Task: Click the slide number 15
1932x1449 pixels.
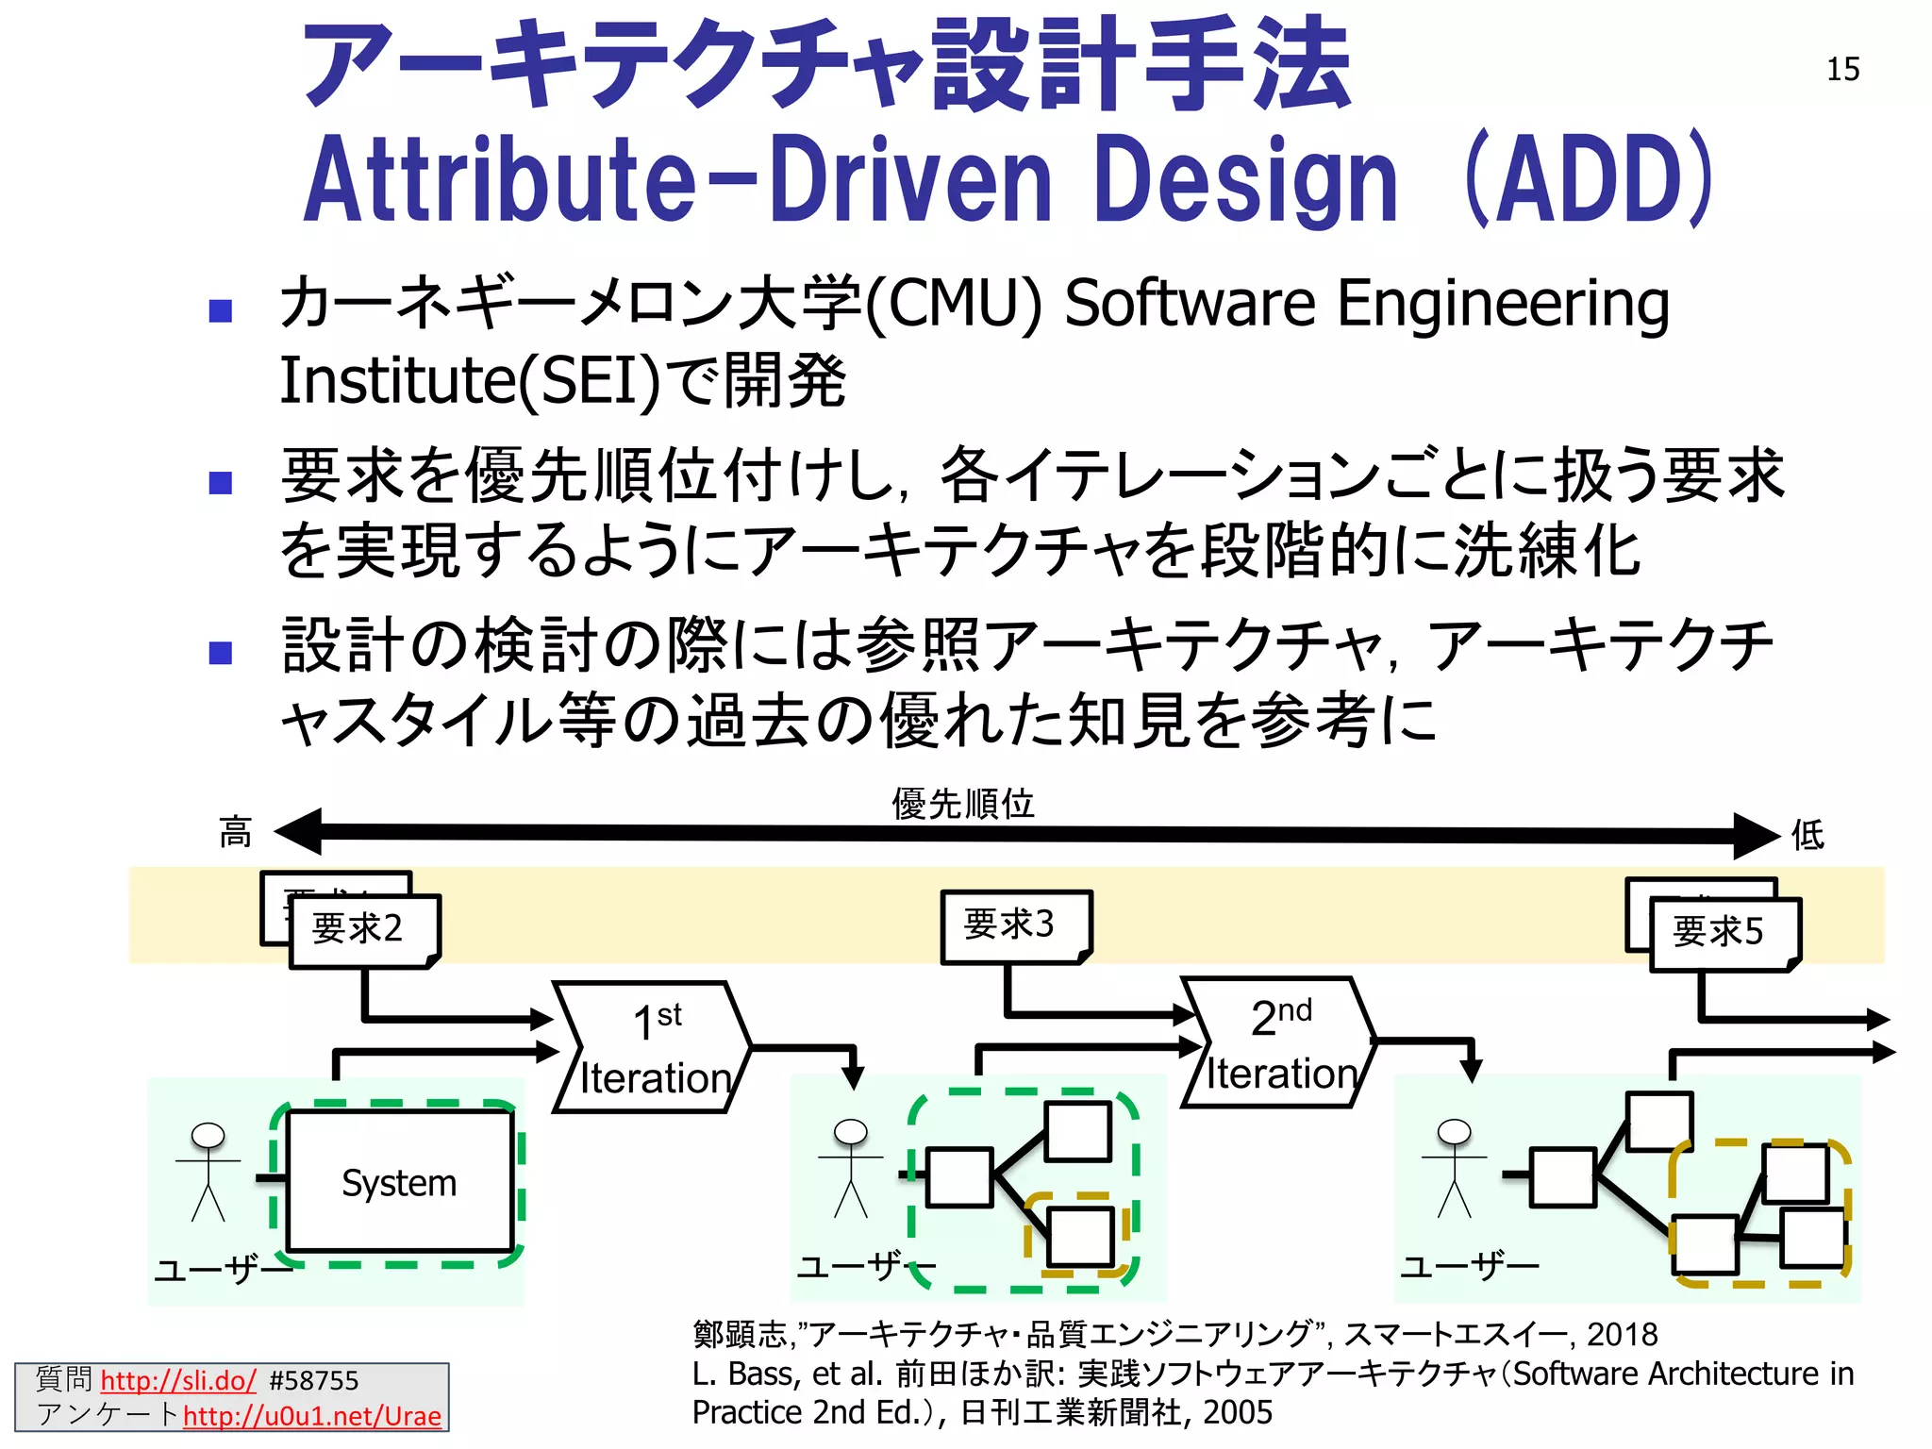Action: click(x=1842, y=70)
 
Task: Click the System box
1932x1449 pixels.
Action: click(x=399, y=1182)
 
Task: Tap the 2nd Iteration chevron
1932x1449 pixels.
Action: click(x=1279, y=1042)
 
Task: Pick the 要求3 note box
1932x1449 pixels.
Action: click(x=1015, y=924)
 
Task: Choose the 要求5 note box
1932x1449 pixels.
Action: click(x=1723, y=933)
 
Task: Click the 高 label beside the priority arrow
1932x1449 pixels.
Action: click(x=235, y=833)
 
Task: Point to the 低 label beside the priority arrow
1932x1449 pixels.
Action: click(x=1807, y=835)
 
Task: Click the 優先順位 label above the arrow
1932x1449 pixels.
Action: click(x=963, y=804)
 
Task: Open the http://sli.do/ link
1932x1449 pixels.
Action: click(x=178, y=1381)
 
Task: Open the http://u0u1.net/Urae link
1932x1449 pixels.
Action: click(x=312, y=1416)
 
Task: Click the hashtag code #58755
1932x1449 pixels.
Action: click(x=314, y=1381)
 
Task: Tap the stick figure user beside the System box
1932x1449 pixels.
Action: click(x=208, y=1171)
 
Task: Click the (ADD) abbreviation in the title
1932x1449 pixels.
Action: click(x=1590, y=179)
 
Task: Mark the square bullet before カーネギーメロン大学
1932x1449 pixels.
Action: click(x=221, y=311)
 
